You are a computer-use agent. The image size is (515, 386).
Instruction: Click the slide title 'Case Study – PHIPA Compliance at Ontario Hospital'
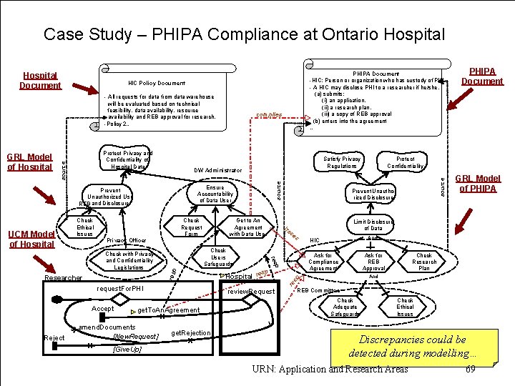coord(244,34)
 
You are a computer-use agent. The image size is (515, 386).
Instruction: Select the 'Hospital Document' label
coord(40,80)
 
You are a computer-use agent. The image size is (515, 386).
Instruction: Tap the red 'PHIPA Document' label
coord(481,76)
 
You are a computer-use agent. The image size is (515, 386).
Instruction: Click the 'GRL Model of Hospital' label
coord(29,162)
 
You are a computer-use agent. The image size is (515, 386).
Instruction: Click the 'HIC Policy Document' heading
coord(156,84)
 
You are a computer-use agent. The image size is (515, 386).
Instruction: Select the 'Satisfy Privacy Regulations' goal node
coord(342,162)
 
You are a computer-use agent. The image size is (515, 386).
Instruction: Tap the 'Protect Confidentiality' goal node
coord(405,162)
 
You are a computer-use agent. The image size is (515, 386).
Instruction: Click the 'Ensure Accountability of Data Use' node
coord(215,194)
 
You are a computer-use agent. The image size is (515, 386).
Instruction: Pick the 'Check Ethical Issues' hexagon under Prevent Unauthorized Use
coord(84,227)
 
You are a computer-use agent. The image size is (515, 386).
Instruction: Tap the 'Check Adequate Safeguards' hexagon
coord(345,307)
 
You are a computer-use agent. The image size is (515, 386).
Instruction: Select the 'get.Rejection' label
coord(192,333)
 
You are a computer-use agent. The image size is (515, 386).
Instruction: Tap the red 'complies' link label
coord(268,114)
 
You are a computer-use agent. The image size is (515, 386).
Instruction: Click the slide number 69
coord(470,369)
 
